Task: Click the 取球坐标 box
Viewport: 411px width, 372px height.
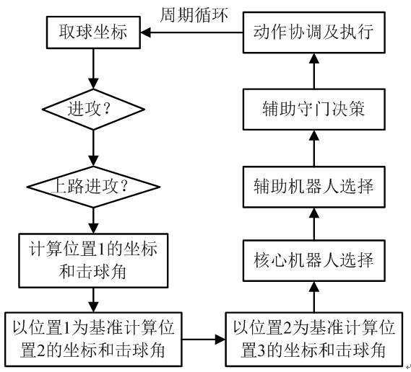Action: (92, 32)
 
